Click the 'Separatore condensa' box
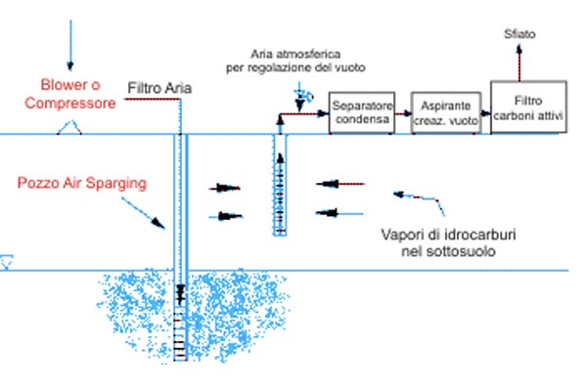pyautogui.click(x=360, y=112)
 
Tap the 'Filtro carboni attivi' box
pyautogui.click(x=529, y=107)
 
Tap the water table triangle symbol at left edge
pyautogui.click(x=6, y=262)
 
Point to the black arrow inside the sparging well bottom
pyautogui.click(x=180, y=293)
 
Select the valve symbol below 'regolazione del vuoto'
pyautogui.click(x=300, y=97)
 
